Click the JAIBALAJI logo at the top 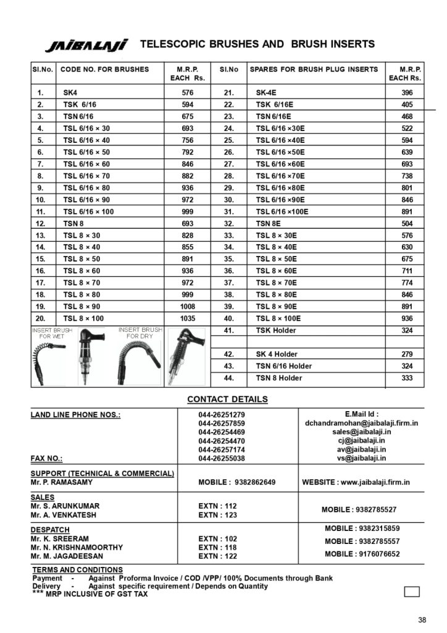86,45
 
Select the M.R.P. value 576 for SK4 188,93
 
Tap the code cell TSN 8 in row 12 73,223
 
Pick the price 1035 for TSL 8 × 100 188,318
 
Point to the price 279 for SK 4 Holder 406,354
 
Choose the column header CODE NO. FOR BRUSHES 105,69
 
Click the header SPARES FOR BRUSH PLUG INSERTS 314,69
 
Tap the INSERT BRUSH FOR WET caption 52,333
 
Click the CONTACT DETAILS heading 227,399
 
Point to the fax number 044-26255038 222,459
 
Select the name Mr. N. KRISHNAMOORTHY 77,547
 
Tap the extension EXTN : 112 217,506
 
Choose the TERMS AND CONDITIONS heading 77,569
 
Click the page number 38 422,620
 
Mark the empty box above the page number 412,592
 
